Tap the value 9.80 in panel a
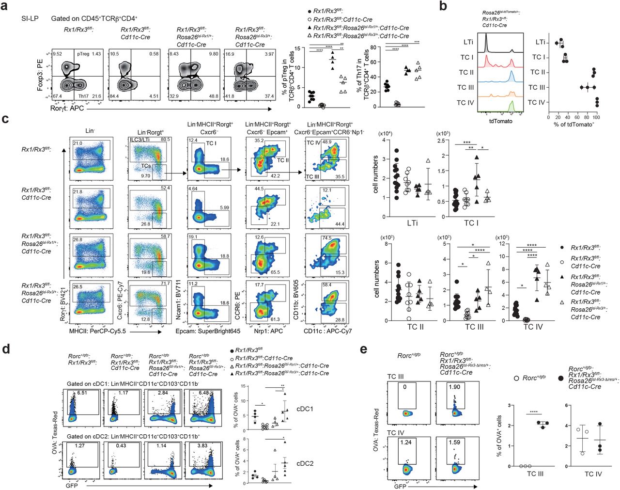pos(213,54)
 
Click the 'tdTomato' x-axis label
pos(500,121)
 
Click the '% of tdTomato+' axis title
pos(573,125)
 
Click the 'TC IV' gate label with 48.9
pos(313,143)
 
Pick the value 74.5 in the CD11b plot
pos(326,238)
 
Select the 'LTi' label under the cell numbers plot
pos(412,223)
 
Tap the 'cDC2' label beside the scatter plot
pos(305,463)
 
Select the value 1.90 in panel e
pos(454,387)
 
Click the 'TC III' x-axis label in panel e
pos(535,474)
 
